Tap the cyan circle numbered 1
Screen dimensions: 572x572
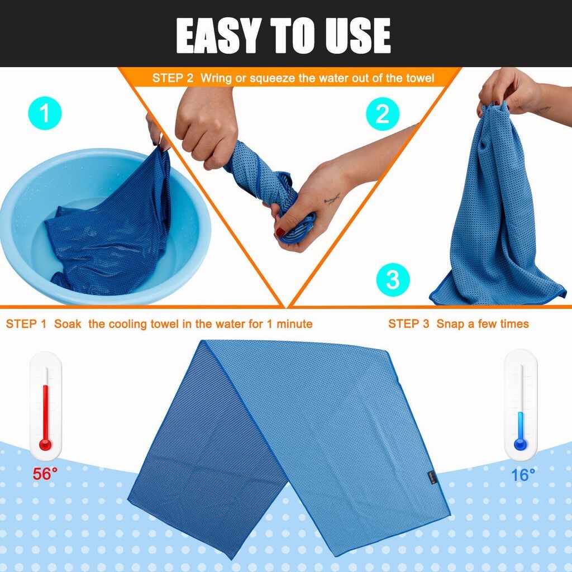[x=45, y=113]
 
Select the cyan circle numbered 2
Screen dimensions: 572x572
[x=383, y=114]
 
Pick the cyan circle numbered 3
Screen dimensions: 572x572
[x=393, y=280]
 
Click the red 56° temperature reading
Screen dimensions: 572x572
[x=45, y=474]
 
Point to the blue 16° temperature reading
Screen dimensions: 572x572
[x=523, y=475]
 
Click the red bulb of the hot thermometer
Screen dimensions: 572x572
[x=46, y=445]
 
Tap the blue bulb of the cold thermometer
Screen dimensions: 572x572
[x=521, y=444]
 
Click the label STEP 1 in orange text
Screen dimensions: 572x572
[x=26, y=324]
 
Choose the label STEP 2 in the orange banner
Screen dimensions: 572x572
[x=173, y=78]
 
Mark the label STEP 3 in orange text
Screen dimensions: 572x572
[x=408, y=323]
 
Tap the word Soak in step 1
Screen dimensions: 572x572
[x=68, y=324]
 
